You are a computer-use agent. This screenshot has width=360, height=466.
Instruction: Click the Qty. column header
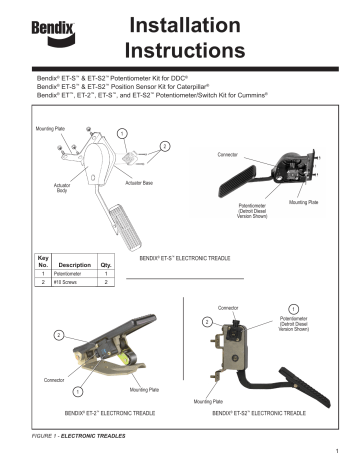tap(107, 265)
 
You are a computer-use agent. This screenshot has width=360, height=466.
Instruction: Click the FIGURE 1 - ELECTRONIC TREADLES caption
tap(77, 437)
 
